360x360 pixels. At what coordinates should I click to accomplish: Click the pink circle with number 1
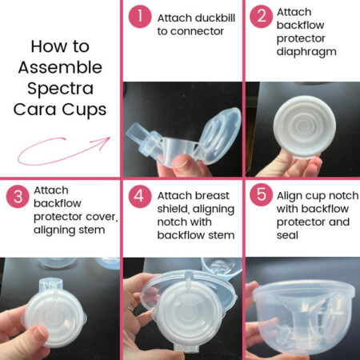pos(140,17)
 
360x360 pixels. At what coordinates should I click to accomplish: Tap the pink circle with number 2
pos(262,17)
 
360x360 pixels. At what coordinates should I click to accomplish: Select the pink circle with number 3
pos(17,200)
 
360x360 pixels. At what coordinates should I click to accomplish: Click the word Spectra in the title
pos(61,86)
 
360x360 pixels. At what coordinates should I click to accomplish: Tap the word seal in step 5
pos(289,236)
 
